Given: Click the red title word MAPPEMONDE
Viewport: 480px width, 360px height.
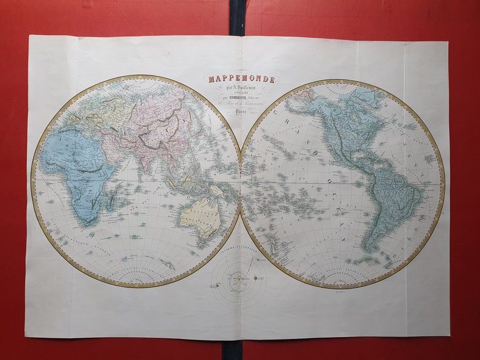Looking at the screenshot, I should coord(241,79).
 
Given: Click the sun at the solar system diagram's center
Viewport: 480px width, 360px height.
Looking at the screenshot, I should coord(239,278).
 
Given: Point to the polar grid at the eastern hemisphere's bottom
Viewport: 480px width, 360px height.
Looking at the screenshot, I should coord(136,277).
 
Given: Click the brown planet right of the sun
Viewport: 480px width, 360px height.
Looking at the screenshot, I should coord(255,278).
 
